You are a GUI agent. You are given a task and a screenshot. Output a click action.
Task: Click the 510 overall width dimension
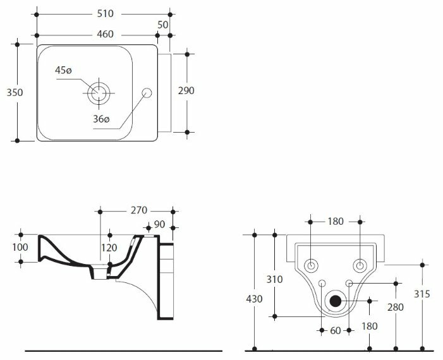coord(105,13)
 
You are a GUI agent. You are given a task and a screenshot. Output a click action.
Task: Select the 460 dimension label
coord(105,34)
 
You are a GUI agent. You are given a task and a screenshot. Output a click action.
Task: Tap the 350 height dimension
coord(15,92)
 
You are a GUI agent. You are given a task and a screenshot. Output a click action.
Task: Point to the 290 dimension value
coord(186,91)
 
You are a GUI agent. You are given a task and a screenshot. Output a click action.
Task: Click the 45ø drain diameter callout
coord(63,70)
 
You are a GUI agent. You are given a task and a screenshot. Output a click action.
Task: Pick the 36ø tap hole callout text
coord(101,119)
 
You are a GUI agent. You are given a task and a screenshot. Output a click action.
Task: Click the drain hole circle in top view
coord(99,93)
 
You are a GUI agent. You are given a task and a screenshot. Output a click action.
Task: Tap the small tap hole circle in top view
coord(147,93)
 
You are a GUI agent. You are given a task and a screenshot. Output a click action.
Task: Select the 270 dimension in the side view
coord(139,210)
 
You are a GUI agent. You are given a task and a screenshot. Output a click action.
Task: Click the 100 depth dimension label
coord(20,248)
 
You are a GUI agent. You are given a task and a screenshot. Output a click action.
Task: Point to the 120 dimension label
coord(109,248)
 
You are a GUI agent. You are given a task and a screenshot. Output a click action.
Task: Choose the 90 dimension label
coord(159,224)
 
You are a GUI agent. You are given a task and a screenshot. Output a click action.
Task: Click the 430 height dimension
coord(254,299)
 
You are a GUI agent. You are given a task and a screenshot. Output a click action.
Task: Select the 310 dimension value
coord(275,280)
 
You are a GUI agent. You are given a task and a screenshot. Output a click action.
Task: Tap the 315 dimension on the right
coord(422,294)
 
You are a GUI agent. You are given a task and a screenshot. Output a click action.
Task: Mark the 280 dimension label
coord(396,307)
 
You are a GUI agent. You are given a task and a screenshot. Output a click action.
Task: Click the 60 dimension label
coord(336,331)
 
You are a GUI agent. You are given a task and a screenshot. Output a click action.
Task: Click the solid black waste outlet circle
coord(336,301)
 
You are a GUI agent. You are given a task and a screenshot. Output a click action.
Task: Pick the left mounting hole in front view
coord(311,266)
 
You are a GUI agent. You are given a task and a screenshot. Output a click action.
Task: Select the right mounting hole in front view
coord(360,266)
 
